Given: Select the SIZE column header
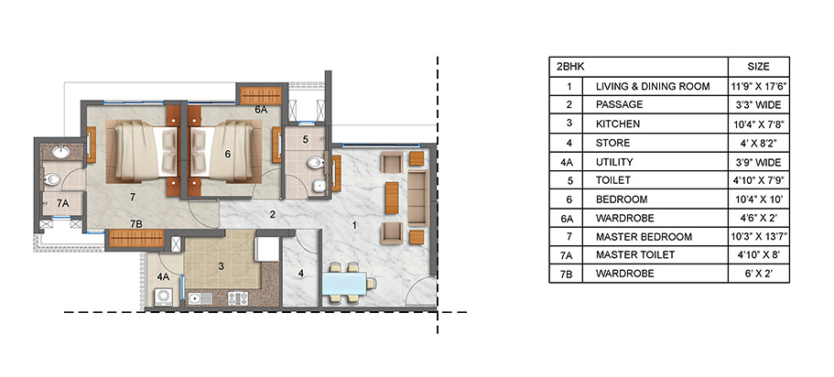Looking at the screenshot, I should [x=759, y=68].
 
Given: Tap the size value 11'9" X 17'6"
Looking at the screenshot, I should [x=759, y=87].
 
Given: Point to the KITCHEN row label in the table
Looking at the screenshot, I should [x=618, y=124].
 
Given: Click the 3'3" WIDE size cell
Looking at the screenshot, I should [x=759, y=105].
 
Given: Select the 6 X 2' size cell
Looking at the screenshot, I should [x=759, y=274].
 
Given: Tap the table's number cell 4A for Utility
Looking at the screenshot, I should [x=569, y=161].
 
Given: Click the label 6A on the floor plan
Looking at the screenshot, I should [x=261, y=110].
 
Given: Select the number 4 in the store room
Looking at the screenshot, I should [x=300, y=273].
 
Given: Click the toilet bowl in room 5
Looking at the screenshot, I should [x=314, y=165].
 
